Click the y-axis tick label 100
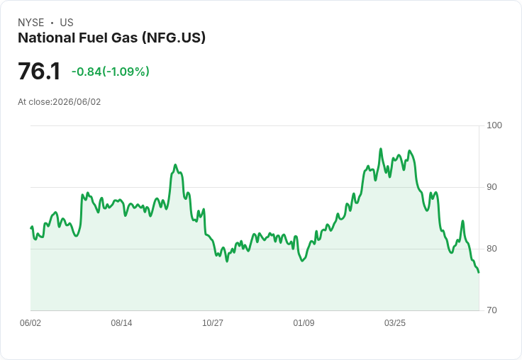494,125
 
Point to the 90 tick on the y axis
492,187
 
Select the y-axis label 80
492,249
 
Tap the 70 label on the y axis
492,310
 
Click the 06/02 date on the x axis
30,322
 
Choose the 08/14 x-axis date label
121,322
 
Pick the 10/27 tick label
213,322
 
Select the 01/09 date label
304,322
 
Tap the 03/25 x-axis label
395,322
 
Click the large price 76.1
39,71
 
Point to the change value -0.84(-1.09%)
110,72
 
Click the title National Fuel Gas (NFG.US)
111,38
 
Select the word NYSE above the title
31,23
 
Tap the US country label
67,23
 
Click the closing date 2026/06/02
77,102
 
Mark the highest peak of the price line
381,149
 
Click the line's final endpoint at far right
479,273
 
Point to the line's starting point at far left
31,228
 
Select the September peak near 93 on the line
175,164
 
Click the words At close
34,102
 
